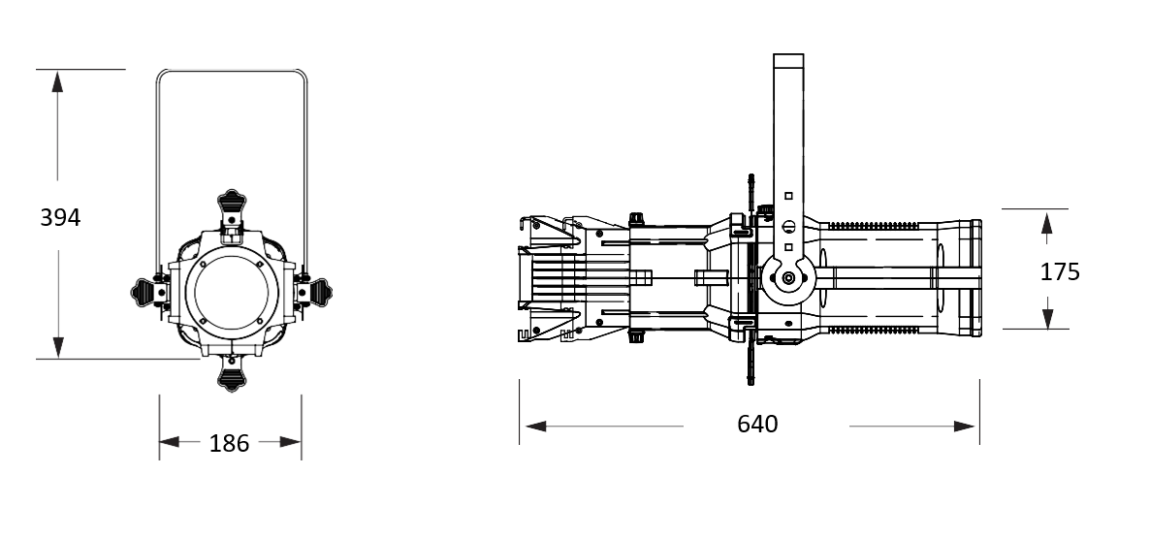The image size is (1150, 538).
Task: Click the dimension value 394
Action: pyautogui.click(x=60, y=218)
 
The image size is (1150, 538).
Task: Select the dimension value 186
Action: pyautogui.click(x=229, y=443)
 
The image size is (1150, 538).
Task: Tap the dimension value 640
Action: pyautogui.click(x=757, y=424)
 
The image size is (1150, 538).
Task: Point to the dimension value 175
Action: pyautogui.click(x=1060, y=272)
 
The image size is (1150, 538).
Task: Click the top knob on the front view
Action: pyautogui.click(x=232, y=202)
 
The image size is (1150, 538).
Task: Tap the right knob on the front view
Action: pyautogui.click(x=320, y=293)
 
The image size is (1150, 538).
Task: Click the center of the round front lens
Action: pyautogui.click(x=232, y=293)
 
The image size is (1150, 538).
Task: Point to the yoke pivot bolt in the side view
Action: pyautogui.click(x=787, y=278)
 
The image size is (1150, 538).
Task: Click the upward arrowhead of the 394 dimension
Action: pyautogui.click(x=57, y=81)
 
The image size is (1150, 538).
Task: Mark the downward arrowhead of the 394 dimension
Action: pyautogui.click(x=58, y=347)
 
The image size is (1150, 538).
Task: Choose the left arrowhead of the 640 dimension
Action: pyautogui.click(x=536, y=426)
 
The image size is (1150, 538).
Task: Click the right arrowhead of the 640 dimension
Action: pyautogui.click(x=964, y=426)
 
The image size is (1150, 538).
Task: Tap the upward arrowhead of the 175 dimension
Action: pyautogui.click(x=1046, y=223)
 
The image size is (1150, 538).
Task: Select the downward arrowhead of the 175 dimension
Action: pyautogui.click(x=1047, y=318)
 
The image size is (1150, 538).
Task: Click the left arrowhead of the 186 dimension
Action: pyautogui.click(x=170, y=441)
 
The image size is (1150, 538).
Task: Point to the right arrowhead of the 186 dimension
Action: pyautogui.click(x=291, y=441)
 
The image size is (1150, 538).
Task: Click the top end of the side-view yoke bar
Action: pyautogui.click(x=788, y=54)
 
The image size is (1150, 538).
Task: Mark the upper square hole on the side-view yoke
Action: pyautogui.click(x=788, y=196)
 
